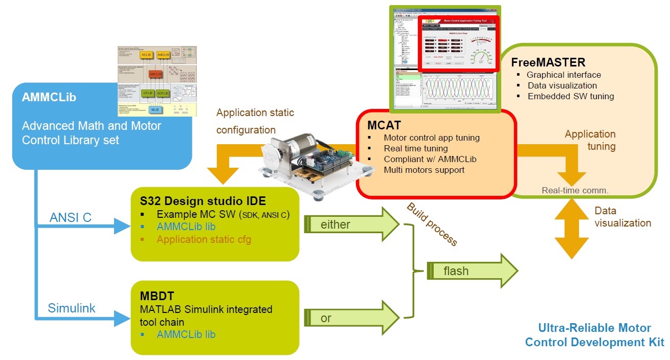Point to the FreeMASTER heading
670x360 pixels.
point(548,62)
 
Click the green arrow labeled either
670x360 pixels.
point(353,223)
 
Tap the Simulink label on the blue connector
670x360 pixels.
point(72,308)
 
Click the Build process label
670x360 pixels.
point(432,224)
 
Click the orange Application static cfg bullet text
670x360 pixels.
point(204,239)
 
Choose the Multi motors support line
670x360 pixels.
point(424,170)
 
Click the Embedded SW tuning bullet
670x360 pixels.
point(570,96)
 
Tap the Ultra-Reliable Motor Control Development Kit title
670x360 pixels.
point(594,335)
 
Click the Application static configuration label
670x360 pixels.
point(255,121)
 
